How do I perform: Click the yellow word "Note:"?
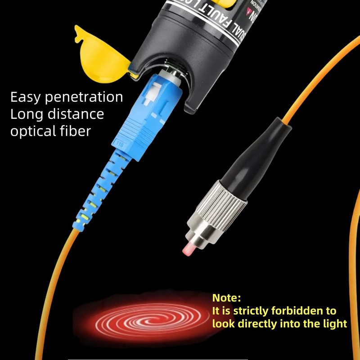click(227, 298)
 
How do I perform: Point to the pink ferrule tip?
click(188, 247)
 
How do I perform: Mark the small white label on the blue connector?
click(121, 144)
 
